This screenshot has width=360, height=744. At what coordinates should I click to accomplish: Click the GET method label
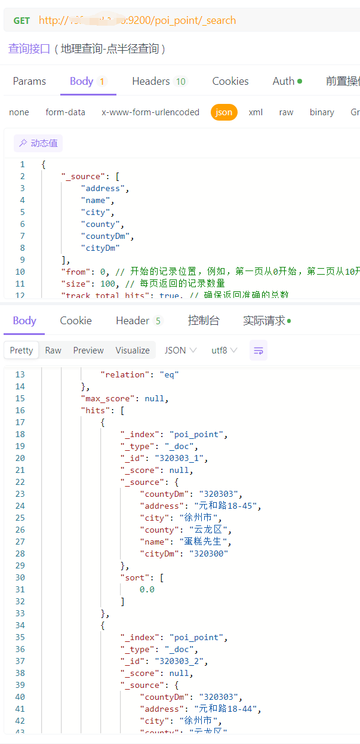(x=21, y=20)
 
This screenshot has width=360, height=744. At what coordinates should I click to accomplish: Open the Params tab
(x=29, y=81)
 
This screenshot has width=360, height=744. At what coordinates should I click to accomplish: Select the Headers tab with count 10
(x=159, y=81)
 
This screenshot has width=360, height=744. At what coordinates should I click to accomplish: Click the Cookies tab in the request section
(x=230, y=81)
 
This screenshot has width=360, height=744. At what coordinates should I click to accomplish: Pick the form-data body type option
(x=65, y=112)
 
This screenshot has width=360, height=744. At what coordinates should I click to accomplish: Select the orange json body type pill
(x=224, y=112)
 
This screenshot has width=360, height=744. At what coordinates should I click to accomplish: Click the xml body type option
(x=256, y=112)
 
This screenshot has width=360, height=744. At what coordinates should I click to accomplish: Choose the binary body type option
(x=322, y=112)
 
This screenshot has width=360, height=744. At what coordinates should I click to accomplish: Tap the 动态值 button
(x=38, y=143)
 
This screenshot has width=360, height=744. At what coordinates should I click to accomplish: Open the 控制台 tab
(x=204, y=321)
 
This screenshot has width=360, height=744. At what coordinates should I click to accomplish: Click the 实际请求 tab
(x=267, y=321)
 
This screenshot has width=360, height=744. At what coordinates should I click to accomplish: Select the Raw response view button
(x=53, y=351)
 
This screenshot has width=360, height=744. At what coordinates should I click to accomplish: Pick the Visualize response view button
(x=133, y=351)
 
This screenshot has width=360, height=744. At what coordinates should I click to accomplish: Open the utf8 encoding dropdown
(x=224, y=351)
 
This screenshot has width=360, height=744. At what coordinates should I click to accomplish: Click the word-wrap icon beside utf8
(x=259, y=351)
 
